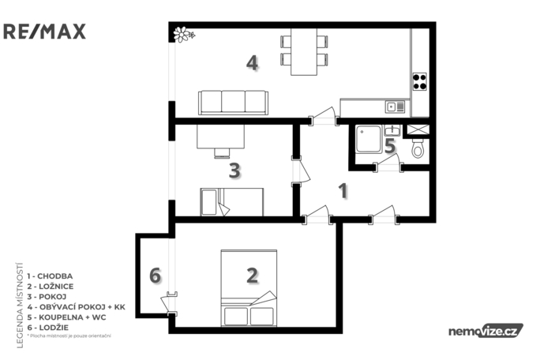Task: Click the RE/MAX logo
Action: pos(44,32)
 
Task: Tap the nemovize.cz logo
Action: pos(485,331)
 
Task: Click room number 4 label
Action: pos(252,62)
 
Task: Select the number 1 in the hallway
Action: pos(343,190)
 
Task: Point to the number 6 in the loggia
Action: pos(155,276)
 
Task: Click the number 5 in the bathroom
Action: pos(389,146)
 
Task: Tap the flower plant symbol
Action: pos(184,34)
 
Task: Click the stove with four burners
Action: pos(419,81)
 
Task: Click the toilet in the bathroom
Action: pos(418,148)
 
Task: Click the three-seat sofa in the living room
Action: pos(233,102)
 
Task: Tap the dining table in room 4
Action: pos(304,51)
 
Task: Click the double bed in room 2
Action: pos(248,286)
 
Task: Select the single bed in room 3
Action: pos(231,202)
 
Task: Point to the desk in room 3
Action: pos(219,138)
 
